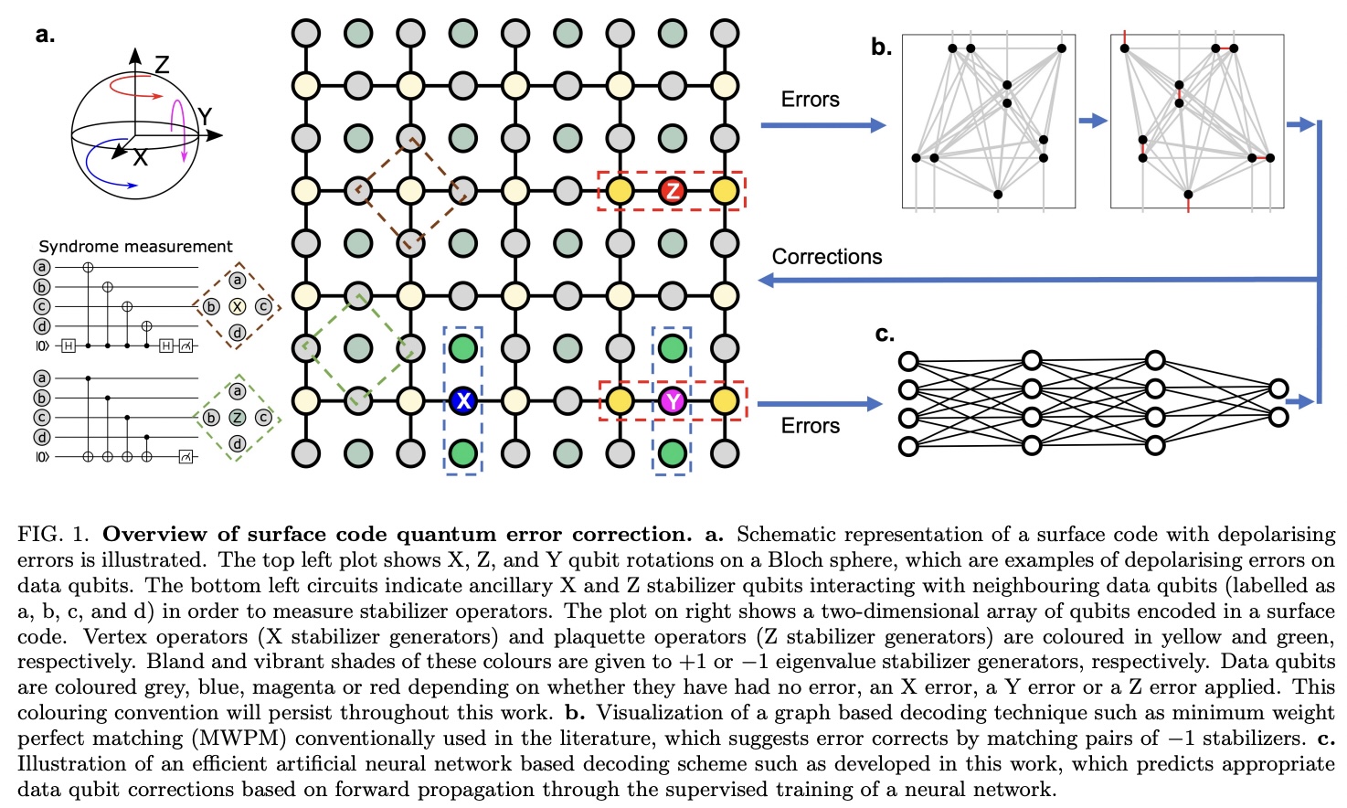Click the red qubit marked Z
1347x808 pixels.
[x=673, y=191]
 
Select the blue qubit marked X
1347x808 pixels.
[x=463, y=400]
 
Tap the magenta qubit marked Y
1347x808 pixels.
[x=673, y=400]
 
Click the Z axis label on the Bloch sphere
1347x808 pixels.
[x=162, y=65]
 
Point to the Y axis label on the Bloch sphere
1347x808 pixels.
[x=205, y=116]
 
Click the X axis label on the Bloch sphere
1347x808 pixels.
[x=140, y=158]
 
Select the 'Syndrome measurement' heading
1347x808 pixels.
[x=135, y=246]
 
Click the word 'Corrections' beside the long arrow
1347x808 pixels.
[x=827, y=257]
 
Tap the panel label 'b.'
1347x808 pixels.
[x=881, y=48]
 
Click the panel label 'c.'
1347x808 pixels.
[x=885, y=335]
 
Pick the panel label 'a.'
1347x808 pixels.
[x=45, y=36]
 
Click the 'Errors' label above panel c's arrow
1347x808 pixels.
[x=810, y=426]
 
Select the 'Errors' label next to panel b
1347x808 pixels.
[x=810, y=100]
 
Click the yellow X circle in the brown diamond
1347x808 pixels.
[x=238, y=306]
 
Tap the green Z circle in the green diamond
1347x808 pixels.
[x=238, y=418]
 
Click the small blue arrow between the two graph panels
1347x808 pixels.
[x=1092, y=121]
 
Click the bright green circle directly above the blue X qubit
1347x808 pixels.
[x=463, y=347]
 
